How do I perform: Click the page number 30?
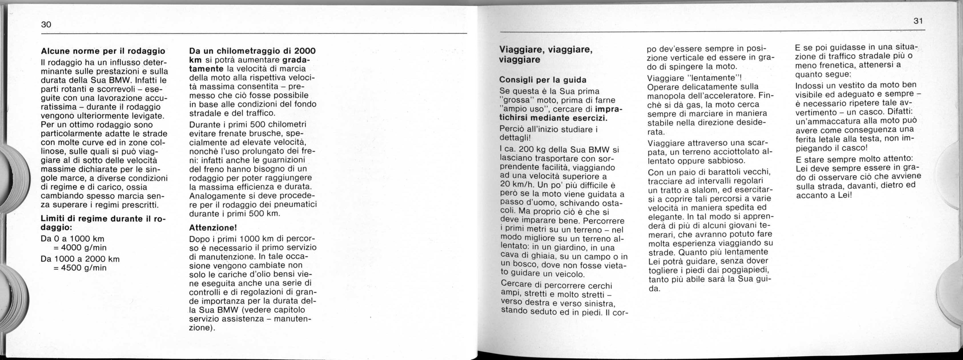46,25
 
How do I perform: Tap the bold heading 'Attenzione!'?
213,228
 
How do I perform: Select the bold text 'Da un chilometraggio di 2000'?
252,51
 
